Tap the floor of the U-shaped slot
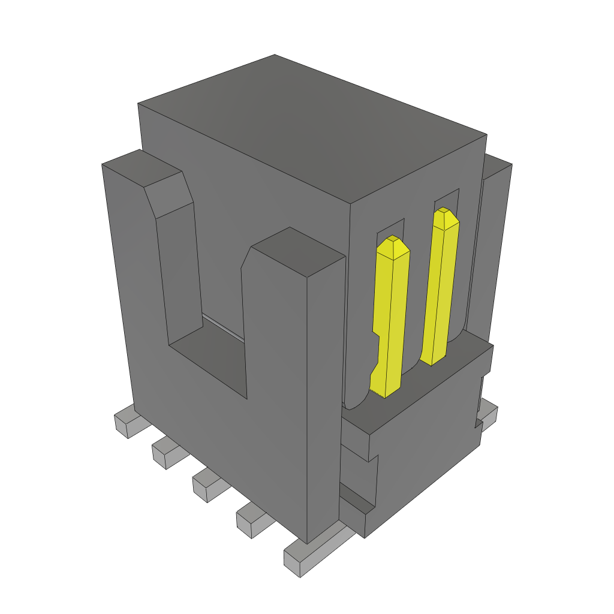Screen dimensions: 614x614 (x=210, y=360)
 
